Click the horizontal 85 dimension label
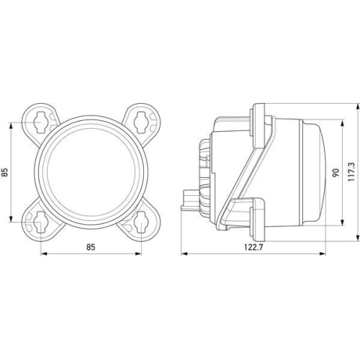(91, 246)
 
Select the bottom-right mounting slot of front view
(141, 223)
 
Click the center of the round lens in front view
(91, 171)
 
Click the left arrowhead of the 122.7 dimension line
(183, 253)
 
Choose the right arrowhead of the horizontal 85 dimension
(140, 253)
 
